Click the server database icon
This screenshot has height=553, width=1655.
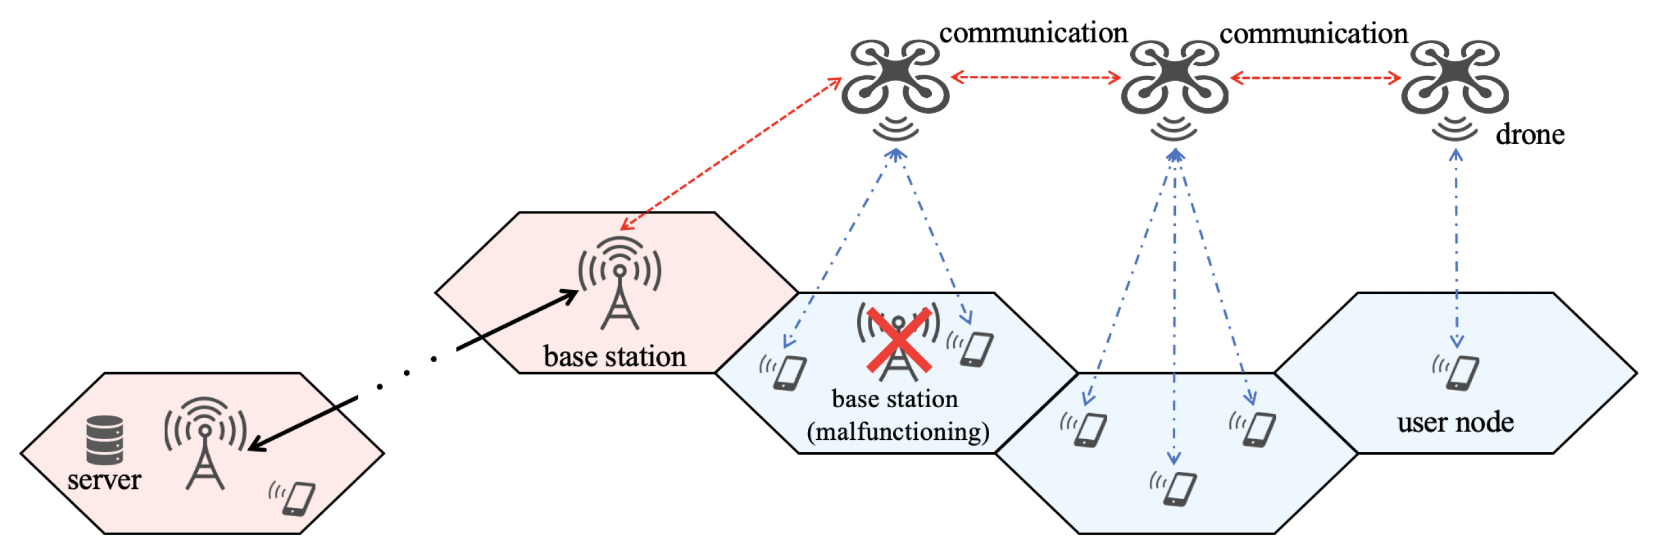[105, 440]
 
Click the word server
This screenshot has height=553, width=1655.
[104, 480]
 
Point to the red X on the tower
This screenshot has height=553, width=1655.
[899, 340]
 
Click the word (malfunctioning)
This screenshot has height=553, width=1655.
[897, 431]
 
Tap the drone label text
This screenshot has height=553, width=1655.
[1529, 135]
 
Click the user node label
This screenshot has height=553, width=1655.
[1455, 423]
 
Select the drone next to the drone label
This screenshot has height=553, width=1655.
[1455, 78]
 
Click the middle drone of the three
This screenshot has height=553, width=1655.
[1175, 78]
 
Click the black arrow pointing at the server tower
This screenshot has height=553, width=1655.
[302, 423]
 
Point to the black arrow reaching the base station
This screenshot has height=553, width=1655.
[517, 320]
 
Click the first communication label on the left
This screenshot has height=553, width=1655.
[1033, 33]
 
